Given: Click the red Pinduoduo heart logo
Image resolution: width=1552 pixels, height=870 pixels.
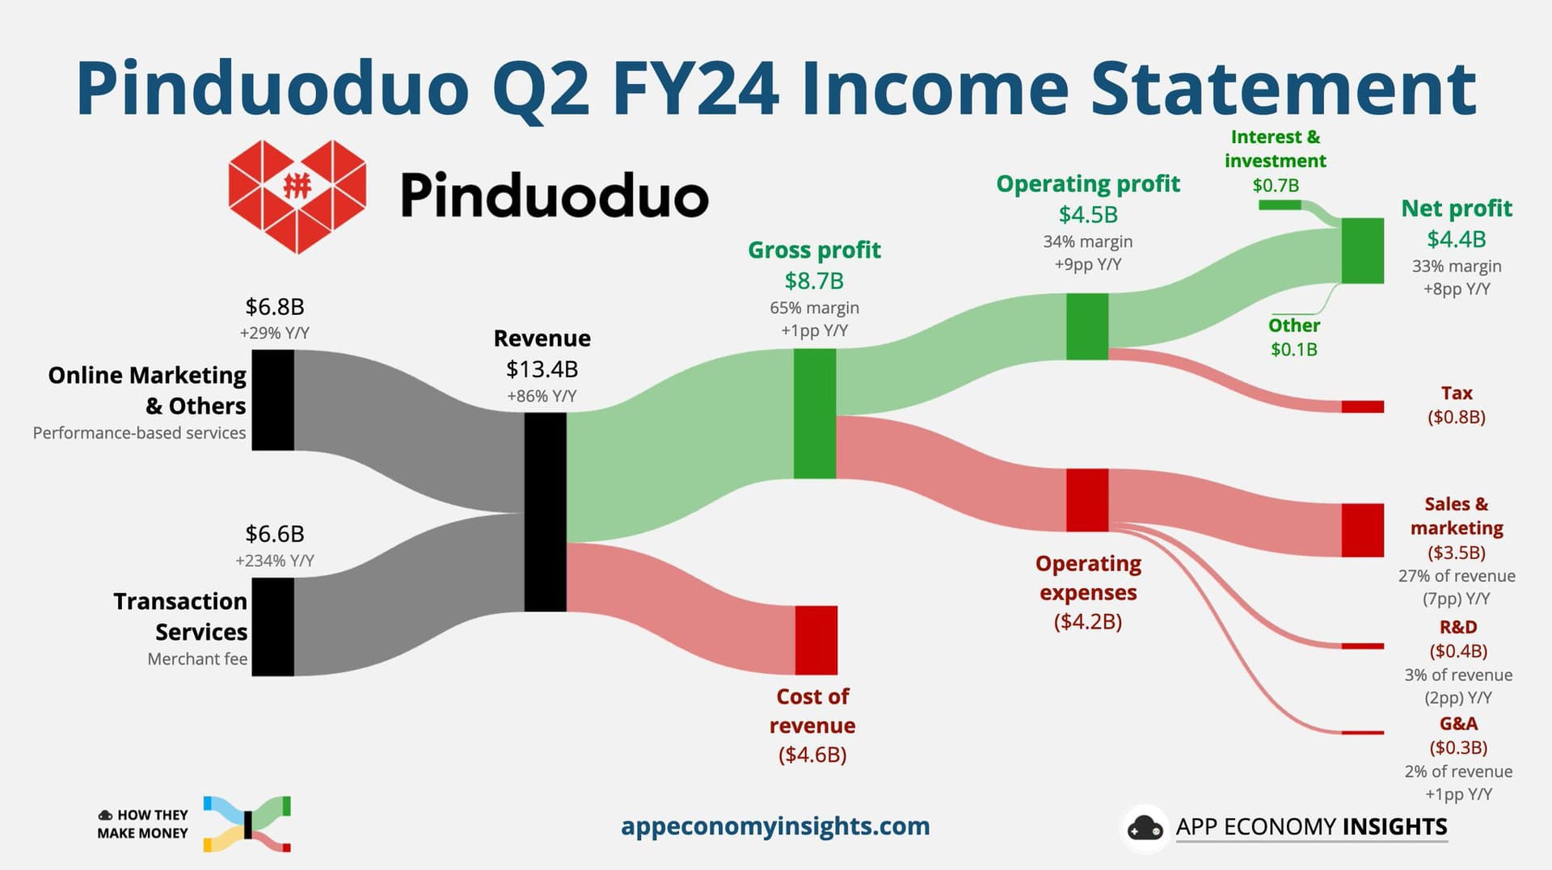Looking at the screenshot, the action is coord(297,196).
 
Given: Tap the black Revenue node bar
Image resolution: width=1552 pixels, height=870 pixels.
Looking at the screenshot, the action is coord(546,512).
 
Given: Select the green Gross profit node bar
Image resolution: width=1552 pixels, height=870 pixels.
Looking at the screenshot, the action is coord(815,414).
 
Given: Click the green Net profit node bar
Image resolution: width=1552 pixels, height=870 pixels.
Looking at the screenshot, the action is coord(1363,250).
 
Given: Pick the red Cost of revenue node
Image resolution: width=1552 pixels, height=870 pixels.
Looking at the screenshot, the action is coord(816,640).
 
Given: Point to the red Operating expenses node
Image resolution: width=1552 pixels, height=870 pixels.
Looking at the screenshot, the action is coord(1087,500).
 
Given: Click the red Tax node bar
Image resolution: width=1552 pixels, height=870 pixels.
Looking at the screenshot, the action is coord(1363,406).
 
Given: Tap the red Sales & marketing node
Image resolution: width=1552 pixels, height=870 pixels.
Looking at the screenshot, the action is coord(1363,530).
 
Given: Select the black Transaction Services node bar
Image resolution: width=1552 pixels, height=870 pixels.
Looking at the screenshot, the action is coord(273,627).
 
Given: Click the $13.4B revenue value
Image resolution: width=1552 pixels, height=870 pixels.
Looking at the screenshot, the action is coord(542,369).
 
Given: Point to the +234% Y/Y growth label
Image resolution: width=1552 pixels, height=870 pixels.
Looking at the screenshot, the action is coord(275,561).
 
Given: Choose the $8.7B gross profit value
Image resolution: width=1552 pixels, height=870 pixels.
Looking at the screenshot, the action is coord(814,281).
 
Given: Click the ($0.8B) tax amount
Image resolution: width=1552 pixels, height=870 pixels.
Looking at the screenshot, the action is coord(1457,417).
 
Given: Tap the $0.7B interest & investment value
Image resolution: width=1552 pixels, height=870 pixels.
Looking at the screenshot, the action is coord(1276,185).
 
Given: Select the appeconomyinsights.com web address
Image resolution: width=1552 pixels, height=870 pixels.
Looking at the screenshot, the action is coord(775,826).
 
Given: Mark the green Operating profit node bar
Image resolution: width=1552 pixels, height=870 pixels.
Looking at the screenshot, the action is coord(1087,326).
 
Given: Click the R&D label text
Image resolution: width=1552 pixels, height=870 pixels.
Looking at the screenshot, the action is coord(1458,627).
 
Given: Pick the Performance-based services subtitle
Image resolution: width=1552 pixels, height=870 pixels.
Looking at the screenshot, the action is coord(139,433).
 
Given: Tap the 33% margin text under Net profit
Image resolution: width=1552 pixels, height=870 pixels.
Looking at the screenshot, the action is coord(1457,266).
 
